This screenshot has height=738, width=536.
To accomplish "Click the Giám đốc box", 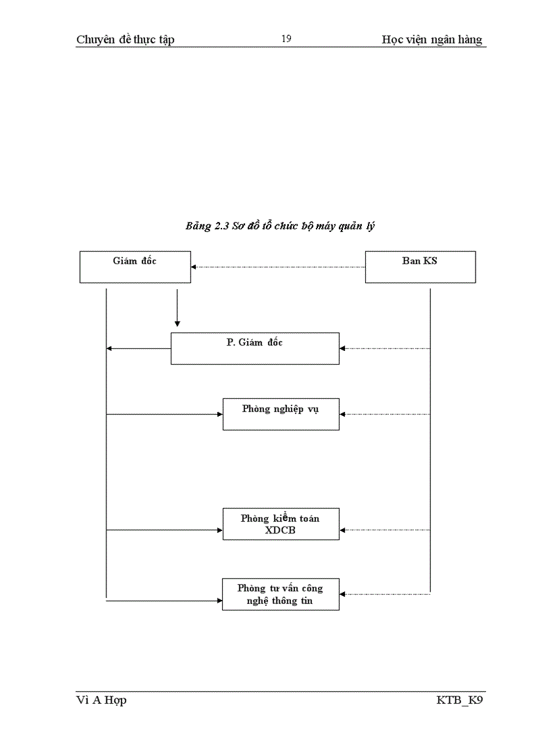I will pos(135,267).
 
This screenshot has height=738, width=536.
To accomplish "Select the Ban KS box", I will pos(420,267).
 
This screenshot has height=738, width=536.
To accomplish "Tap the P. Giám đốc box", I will pos(255,348).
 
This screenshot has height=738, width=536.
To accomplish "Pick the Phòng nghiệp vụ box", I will pos(280,414).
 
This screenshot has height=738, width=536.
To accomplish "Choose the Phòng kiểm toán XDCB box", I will pos(280,524).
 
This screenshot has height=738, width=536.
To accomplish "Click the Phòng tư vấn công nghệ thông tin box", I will pos(280,595).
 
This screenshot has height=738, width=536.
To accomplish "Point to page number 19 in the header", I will pos(286,39).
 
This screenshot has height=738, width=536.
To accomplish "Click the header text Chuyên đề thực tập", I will pos(125,39).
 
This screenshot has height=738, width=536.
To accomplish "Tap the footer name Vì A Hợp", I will pos(102,700).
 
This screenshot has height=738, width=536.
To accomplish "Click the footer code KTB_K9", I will pos(460,700).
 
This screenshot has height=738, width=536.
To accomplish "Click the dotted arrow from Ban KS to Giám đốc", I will pos(278,267).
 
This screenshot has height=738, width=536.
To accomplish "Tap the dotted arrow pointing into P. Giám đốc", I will pos(385,348).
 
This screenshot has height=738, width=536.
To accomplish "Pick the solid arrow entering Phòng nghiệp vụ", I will pos(164,414).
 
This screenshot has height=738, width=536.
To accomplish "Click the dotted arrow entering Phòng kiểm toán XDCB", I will pos(385,530).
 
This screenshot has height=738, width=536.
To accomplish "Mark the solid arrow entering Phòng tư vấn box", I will pos(164,600).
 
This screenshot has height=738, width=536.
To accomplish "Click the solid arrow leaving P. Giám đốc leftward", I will pos(139,348).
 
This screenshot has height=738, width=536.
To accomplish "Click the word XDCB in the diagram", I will pos(280,530).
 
